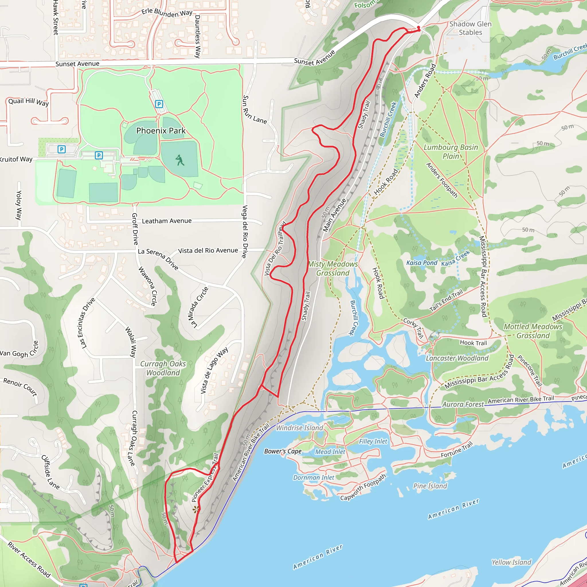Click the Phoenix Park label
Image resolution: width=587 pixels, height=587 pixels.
[x=161, y=131]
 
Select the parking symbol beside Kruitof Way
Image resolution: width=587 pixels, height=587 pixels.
[x=62, y=149]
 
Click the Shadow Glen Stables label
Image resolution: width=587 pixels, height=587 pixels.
[x=470, y=28]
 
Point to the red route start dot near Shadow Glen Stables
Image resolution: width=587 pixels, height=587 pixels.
[x=418, y=28]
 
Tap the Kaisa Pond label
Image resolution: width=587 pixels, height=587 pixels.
[x=422, y=263]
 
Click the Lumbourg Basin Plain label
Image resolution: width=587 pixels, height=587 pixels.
[x=451, y=152]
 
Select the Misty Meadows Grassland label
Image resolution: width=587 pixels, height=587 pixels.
[x=333, y=269]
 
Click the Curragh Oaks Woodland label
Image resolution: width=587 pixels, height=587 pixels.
[x=163, y=368]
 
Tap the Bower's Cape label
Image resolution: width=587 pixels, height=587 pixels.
[x=283, y=451]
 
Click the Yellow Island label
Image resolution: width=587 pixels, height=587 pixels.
[x=511, y=562]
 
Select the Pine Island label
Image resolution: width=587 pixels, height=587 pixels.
[x=430, y=486]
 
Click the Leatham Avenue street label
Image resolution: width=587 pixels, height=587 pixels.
[x=167, y=221]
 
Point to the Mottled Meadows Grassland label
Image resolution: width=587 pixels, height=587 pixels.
[x=533, y=331]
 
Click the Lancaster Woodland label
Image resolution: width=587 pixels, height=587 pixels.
[x=457, y=358]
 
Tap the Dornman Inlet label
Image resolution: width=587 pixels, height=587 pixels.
[x=314, y=478]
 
